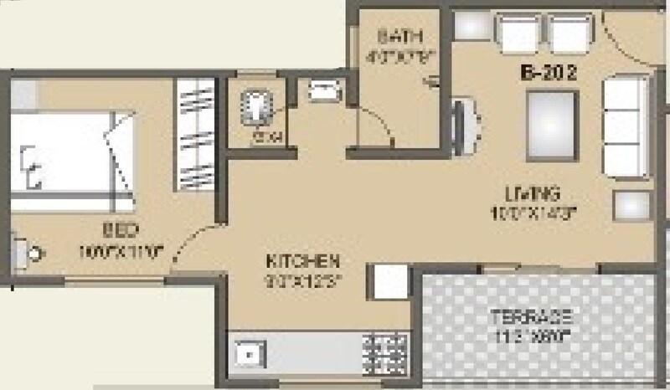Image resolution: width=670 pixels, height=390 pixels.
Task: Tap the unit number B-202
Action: pos(550,73)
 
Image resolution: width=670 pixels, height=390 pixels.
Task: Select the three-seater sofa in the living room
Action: pos(625,126)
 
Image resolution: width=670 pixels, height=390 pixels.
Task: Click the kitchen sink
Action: pos(248,355)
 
